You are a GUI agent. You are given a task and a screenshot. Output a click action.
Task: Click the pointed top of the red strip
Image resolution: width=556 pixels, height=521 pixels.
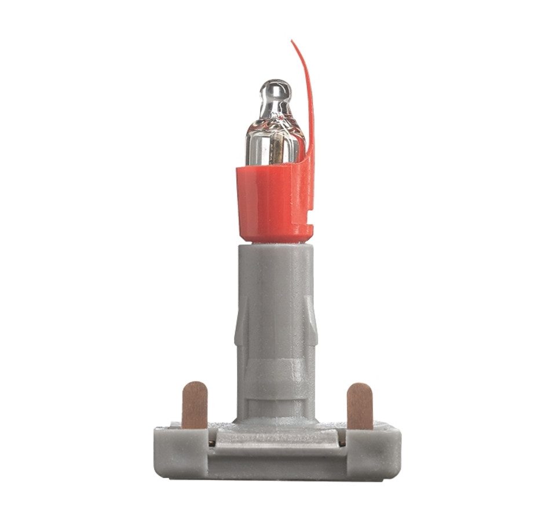tap(292, 42)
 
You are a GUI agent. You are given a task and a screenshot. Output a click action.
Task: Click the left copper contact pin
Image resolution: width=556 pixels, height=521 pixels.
tap(195, 405)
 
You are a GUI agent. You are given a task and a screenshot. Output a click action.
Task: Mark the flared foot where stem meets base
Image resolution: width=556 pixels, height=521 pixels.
tap(276, 420)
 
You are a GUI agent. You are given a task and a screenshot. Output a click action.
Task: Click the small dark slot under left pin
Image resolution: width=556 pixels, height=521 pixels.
tap(212, 443)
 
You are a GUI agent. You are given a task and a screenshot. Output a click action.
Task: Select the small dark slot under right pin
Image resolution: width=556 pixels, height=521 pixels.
tap(342, 443)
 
